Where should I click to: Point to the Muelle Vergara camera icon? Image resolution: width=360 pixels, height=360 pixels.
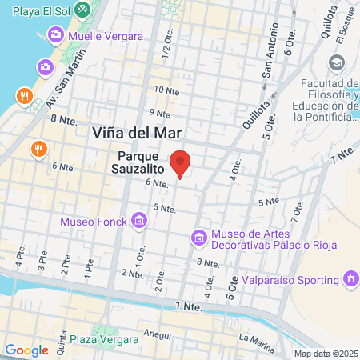click(56, 34)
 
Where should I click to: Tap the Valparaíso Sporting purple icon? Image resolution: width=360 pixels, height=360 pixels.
click(350, 279)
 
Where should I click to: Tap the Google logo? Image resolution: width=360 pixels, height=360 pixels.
click(26, 350)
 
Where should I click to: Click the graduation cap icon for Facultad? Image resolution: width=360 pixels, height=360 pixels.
click(336, 62)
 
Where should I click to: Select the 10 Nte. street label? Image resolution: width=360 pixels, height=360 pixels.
click(166, 90)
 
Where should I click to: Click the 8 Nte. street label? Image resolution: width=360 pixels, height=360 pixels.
click(62, 118)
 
